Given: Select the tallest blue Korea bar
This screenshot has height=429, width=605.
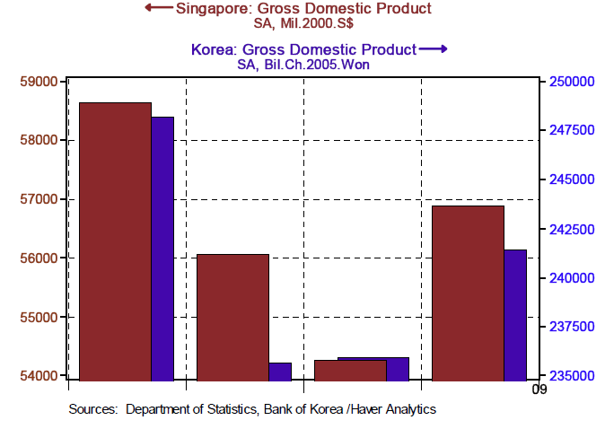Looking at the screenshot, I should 162,248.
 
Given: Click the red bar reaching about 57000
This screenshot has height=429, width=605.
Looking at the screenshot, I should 468,293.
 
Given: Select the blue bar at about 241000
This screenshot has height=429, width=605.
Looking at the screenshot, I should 514,314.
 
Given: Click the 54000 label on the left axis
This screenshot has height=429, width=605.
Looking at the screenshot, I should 39,375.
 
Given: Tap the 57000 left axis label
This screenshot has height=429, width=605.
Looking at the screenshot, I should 39,199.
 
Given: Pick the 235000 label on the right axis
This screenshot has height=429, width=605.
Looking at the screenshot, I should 570,375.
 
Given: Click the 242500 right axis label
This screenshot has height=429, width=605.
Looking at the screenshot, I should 570,229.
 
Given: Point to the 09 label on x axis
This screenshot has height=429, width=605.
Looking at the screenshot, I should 539,390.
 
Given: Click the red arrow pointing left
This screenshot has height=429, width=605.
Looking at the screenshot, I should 158,8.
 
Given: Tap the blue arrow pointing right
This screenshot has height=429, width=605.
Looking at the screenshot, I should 433,48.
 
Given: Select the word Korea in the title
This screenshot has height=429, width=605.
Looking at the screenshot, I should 212,49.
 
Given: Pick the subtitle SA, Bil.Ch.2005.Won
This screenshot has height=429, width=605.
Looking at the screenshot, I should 303,65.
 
